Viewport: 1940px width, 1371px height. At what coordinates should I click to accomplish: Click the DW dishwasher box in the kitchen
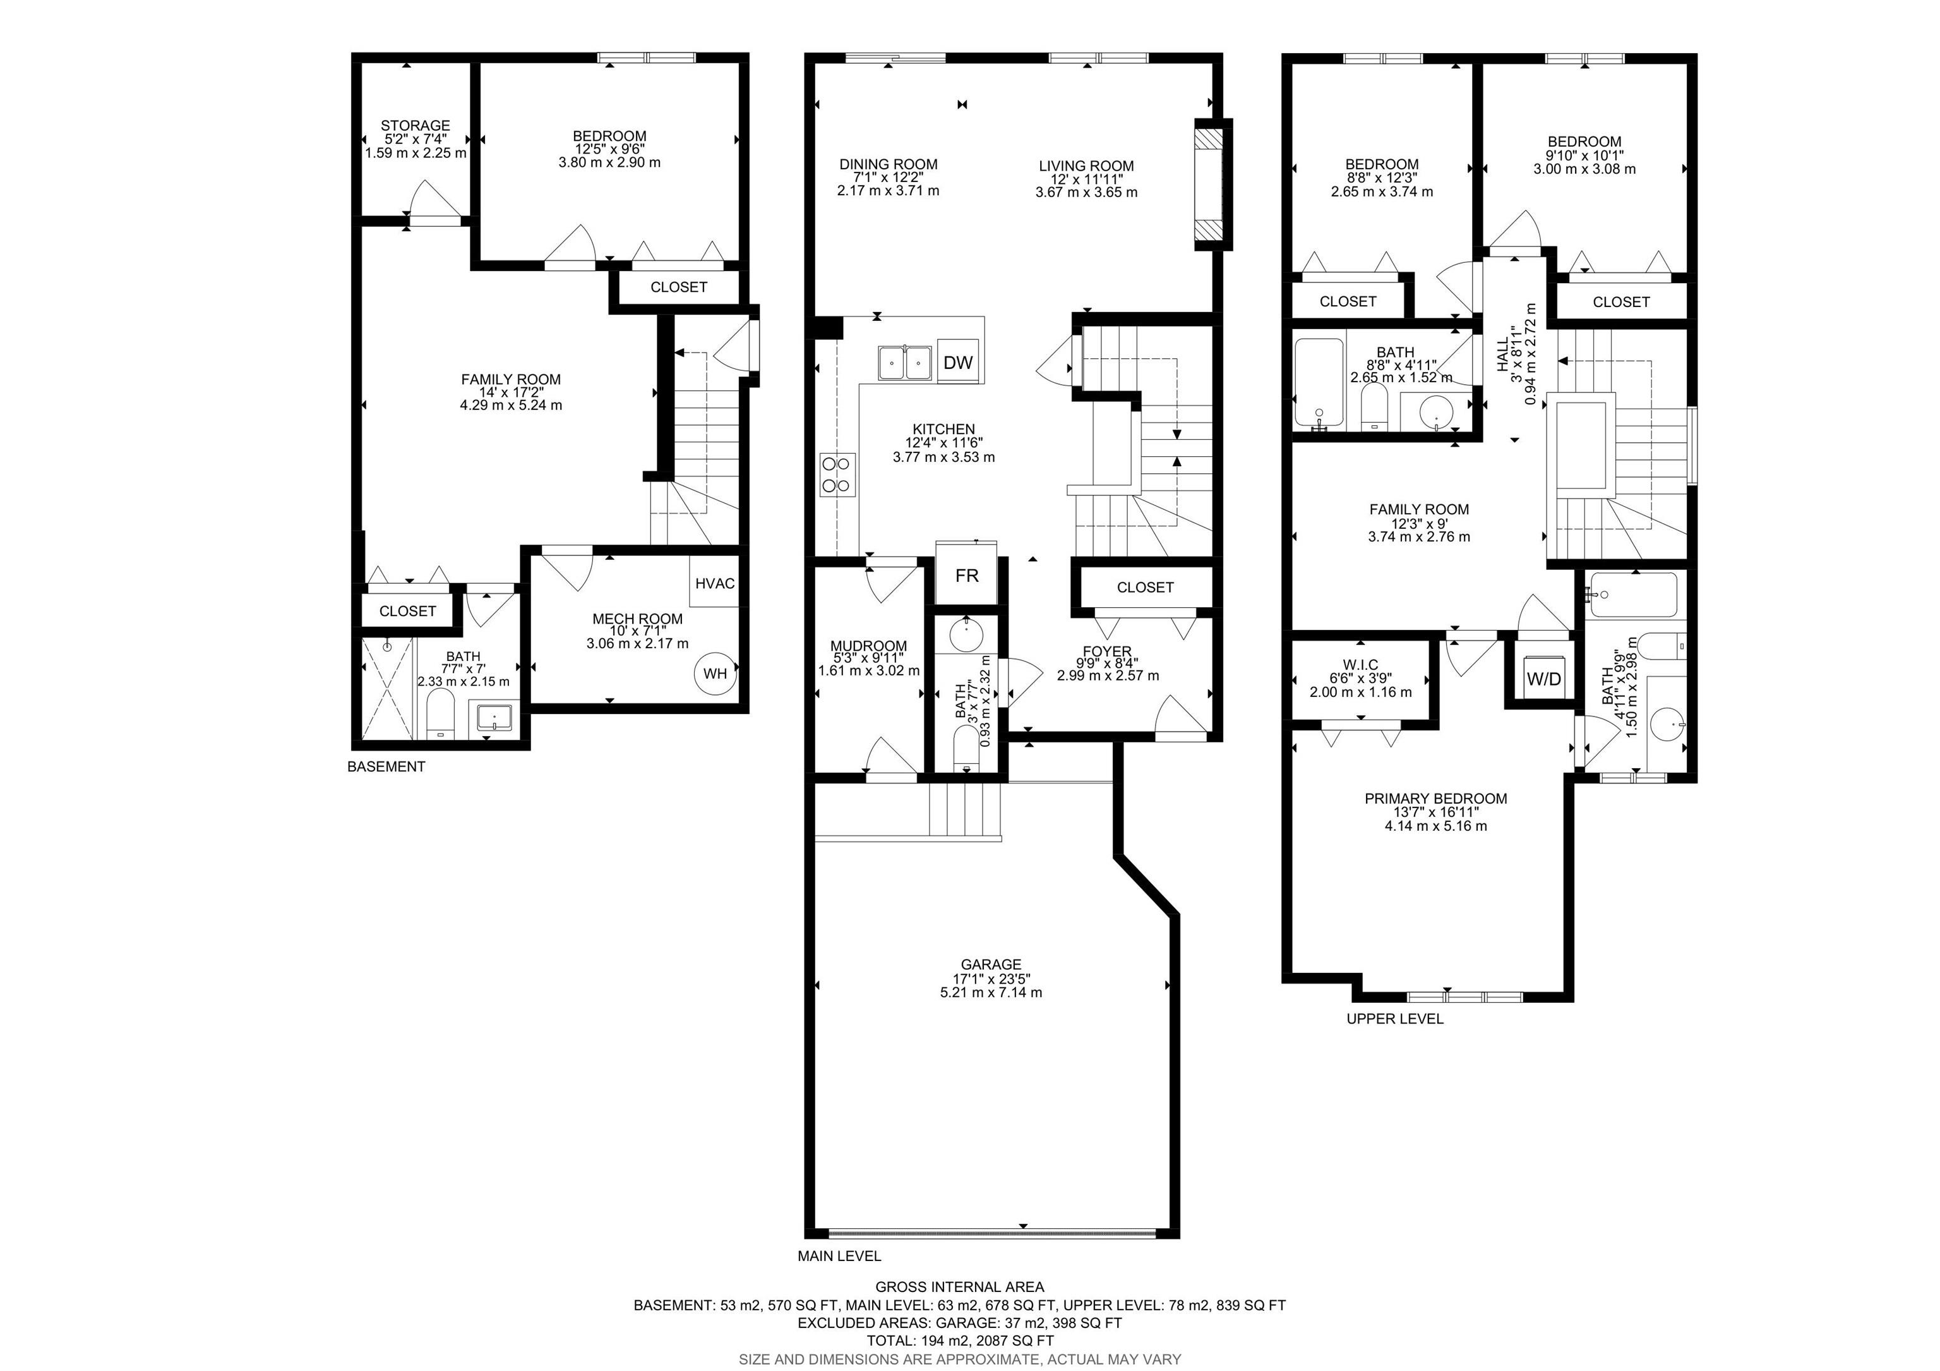coord(957,363)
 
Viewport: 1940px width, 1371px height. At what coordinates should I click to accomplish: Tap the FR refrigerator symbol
coord(967,576)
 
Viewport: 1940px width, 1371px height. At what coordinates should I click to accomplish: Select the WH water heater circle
coord(715,673)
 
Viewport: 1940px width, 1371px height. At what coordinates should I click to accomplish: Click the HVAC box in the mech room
coord(715,583)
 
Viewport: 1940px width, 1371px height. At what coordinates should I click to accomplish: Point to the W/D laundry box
coord(1543,679)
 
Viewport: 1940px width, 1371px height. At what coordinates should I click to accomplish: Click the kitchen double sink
coord(904,363)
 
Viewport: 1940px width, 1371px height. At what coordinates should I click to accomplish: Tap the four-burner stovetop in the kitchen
coord(837,474)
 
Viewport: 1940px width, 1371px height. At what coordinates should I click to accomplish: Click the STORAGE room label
coord(415,126)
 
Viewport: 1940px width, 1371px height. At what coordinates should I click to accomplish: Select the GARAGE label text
coord(990,964)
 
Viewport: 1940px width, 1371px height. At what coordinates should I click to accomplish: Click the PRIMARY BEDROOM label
coord(1435,799)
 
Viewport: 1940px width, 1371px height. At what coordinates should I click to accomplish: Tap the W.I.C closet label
coord(1360,665)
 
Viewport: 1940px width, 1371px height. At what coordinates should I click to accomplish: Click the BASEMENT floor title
coord(386,766)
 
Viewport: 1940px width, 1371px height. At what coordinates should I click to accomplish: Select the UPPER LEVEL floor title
coord(1394,1018)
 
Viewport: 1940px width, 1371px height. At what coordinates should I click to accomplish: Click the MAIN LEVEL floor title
coord(839,1256)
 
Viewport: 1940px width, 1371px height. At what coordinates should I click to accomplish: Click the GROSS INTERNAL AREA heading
coord(959,1288)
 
